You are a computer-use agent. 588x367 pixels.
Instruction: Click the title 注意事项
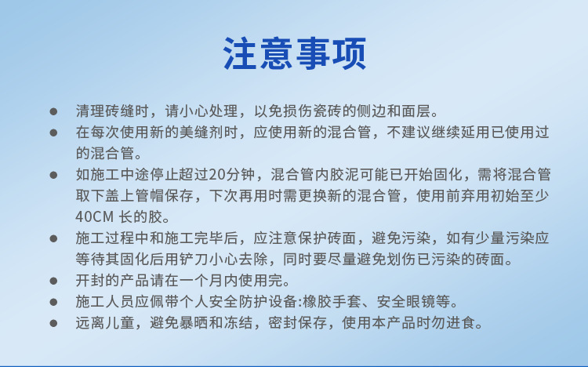pos(294,53)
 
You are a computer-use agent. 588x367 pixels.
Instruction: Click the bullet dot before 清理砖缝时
pos(53,111)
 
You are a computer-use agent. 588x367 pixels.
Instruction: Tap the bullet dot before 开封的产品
pos(53,281)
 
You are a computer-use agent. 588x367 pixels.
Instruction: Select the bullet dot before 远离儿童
pos(53,323)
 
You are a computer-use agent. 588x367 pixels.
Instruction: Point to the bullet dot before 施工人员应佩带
pos(53,302)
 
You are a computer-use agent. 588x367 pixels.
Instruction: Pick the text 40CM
pos(94,217)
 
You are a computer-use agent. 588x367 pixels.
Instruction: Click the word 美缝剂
pos(201,132)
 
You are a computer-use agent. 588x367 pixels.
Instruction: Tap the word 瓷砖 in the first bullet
pos(327,111)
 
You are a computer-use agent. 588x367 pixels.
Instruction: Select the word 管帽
pos(150,195)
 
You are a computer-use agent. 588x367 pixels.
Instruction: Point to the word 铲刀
pos(194,259)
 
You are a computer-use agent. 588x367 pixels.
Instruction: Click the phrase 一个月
pos(201,280)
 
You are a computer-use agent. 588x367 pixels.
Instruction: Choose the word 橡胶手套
pos(332,302)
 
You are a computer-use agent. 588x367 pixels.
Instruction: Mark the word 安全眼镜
pos(406,302)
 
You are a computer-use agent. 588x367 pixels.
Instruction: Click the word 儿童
pos(120,323)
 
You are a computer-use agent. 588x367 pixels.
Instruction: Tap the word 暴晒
pos(194,323)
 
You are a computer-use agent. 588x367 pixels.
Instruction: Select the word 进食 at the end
pos(460,323)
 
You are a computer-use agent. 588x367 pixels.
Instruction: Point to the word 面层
pos(416,111)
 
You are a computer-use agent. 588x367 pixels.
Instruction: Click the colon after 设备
pos(300,303)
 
